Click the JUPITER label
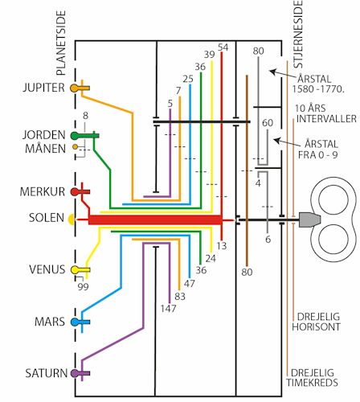(x=43, y=88)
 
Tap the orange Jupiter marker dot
(x=74, y=88)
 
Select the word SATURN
(x=46, y=373)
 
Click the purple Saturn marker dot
(x=74, y=373)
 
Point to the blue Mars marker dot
(x=75, y=322)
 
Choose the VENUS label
(x=47, y=269)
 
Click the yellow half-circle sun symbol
(x=72, y=219)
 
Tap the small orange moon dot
(x=76, y=147)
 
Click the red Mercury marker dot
(x=74, y=191)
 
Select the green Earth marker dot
(x=75, y=136)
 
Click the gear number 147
(x=168, y=309)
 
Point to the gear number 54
(x=223, y=47)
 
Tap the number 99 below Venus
(x=83, y=287)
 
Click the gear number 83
(x=180, y=297)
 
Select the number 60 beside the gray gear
(x=268, y=123)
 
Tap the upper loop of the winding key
(x=333, y=199)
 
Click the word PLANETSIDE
(x=61, y=43)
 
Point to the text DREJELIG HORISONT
(x=316, y=322)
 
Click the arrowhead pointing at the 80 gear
(x=272, y=72)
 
